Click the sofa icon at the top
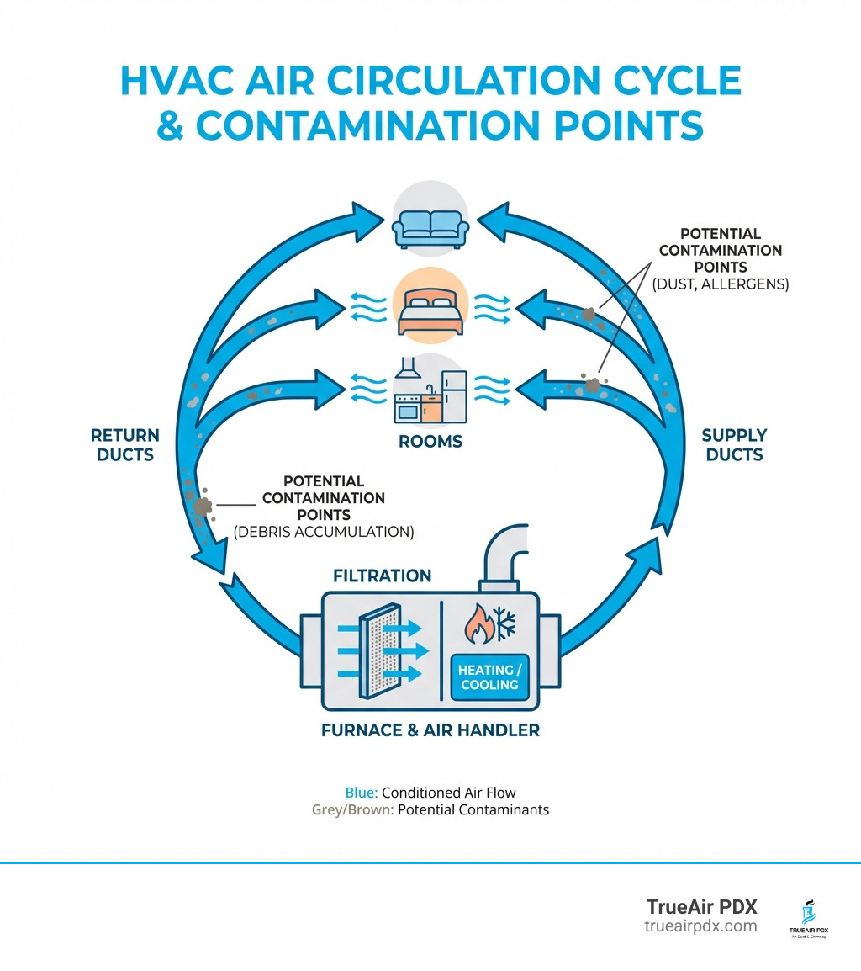(430, 224)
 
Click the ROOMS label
(430, 442)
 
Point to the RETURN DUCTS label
(124, 445)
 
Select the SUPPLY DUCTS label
(734, 445)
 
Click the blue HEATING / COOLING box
(489, 677)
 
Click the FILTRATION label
(382, 576)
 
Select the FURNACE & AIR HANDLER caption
(430, 730)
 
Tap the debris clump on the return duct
(203, 506)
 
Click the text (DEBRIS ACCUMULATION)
(324, 532)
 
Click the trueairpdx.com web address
(700, 926)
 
